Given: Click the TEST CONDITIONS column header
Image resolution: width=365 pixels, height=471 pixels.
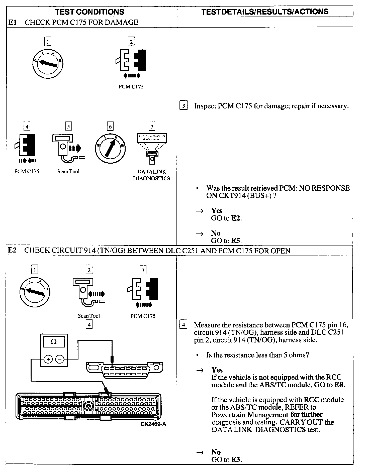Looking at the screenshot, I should coord(89,12).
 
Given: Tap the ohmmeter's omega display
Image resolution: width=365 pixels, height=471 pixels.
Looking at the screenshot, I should coord(54,342).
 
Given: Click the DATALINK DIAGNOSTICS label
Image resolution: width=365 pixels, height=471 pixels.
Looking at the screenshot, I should coord(151,175).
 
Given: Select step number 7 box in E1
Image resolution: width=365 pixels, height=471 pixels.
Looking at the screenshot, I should coord(152,127).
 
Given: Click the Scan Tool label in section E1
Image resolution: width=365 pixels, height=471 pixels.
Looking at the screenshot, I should coord(68,172).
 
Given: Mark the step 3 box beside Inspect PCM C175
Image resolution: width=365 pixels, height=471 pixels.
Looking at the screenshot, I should coord(184,106).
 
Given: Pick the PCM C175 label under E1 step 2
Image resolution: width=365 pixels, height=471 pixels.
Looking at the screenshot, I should coord(131,87).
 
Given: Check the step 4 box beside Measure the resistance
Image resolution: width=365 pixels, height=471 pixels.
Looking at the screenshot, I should coord(184,325).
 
